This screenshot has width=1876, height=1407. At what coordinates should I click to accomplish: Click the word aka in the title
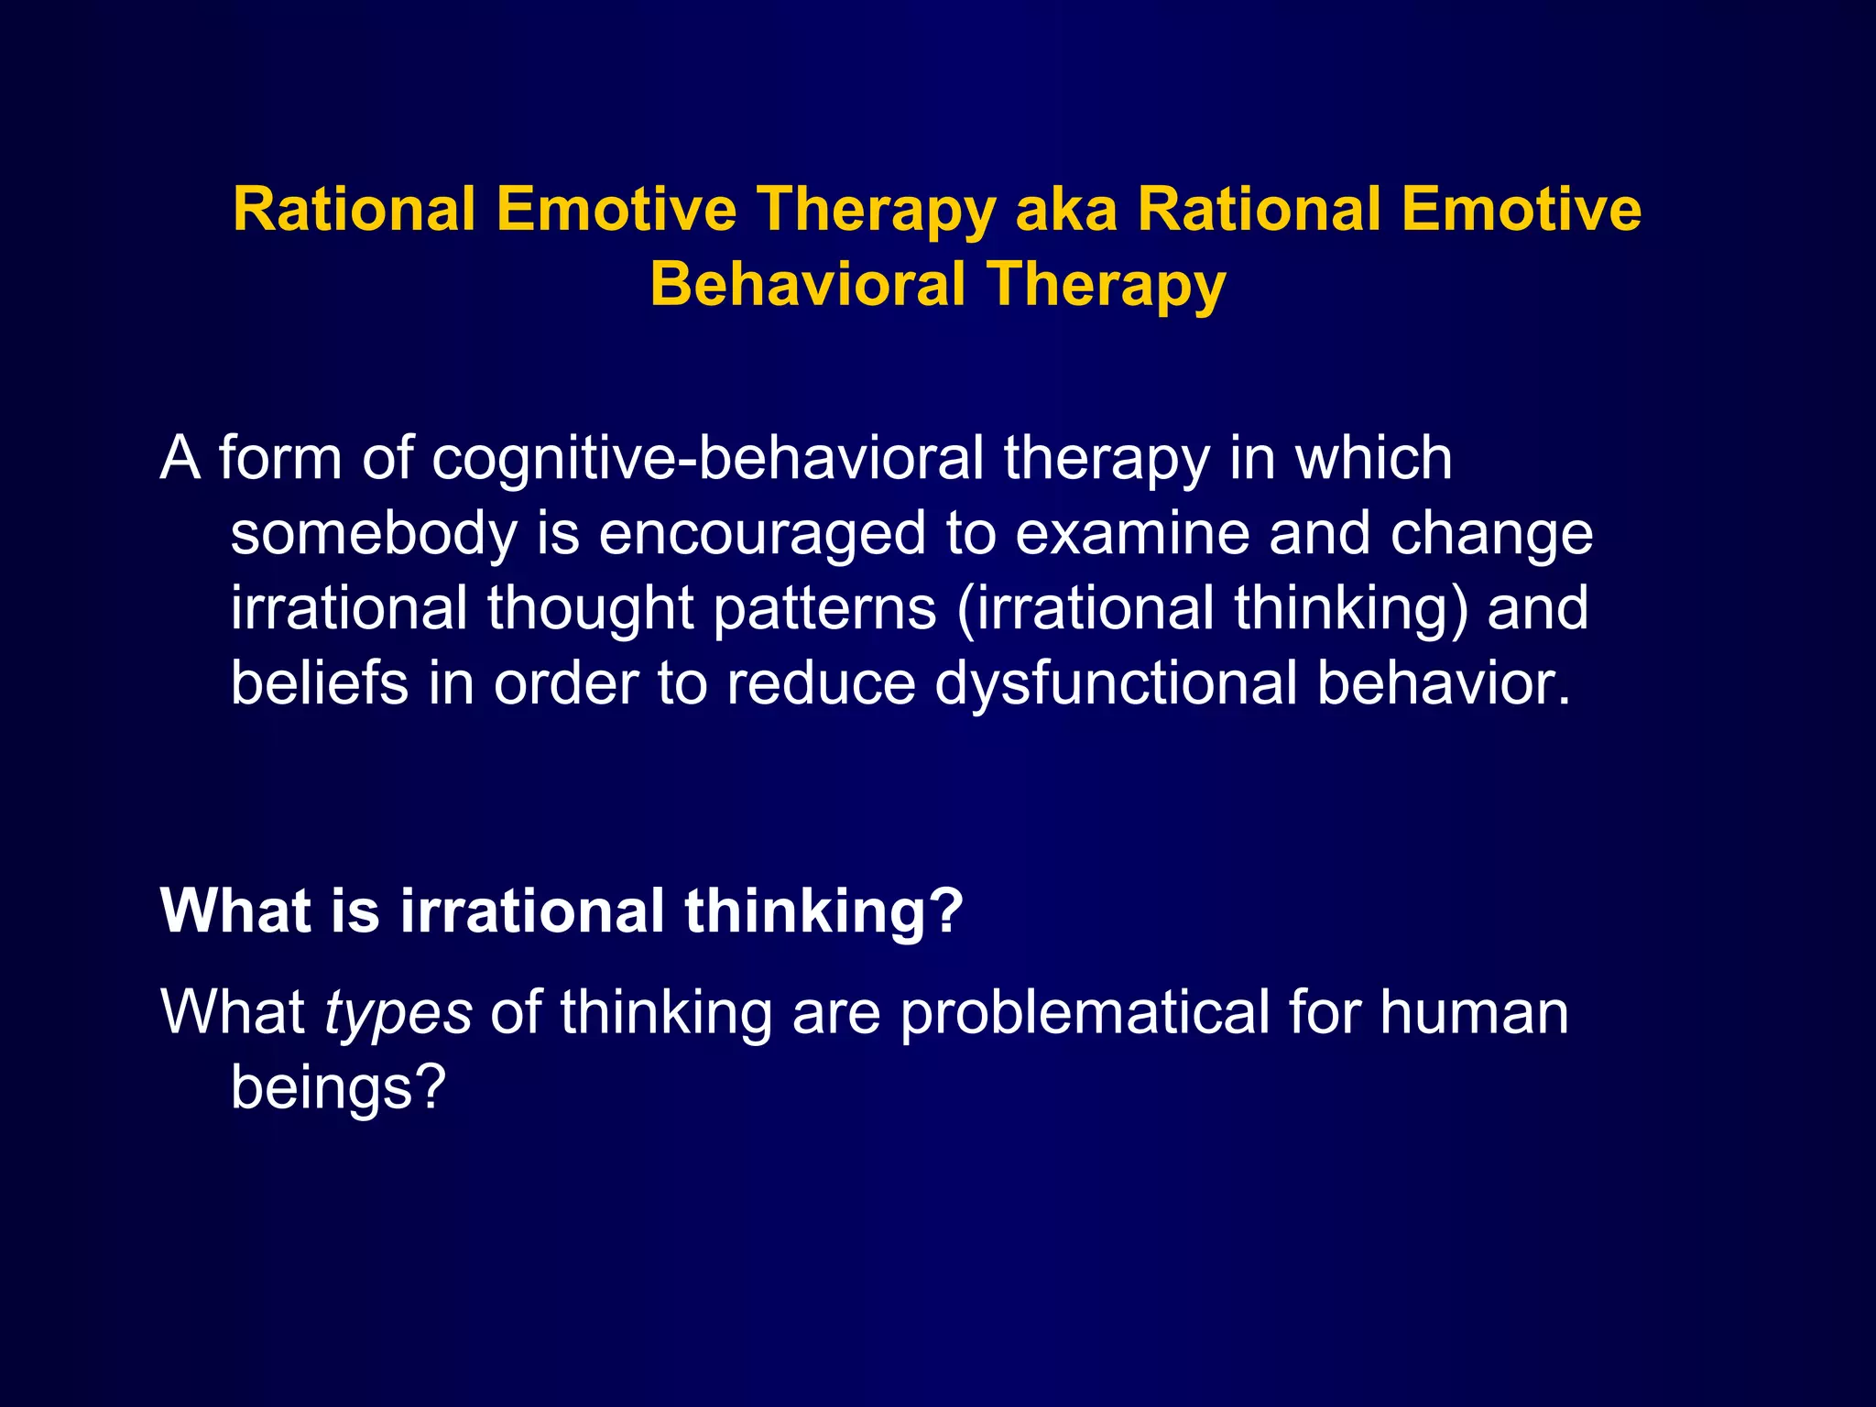(1066, 211)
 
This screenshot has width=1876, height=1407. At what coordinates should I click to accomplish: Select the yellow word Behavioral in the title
(808, 284)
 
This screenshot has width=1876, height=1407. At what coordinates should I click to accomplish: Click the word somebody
(374, 534)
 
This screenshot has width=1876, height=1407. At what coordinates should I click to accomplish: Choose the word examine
(1132, 534)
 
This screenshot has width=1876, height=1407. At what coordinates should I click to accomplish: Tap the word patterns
(824, 609)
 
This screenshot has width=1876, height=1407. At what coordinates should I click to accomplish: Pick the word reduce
(821, 684)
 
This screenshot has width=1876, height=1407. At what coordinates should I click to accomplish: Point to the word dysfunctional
(1116, 684)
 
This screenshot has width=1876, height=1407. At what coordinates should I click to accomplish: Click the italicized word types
(398, 1014)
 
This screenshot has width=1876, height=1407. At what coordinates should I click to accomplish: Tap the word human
(1474, 1014)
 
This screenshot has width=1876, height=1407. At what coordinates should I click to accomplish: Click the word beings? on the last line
(337, 1089)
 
